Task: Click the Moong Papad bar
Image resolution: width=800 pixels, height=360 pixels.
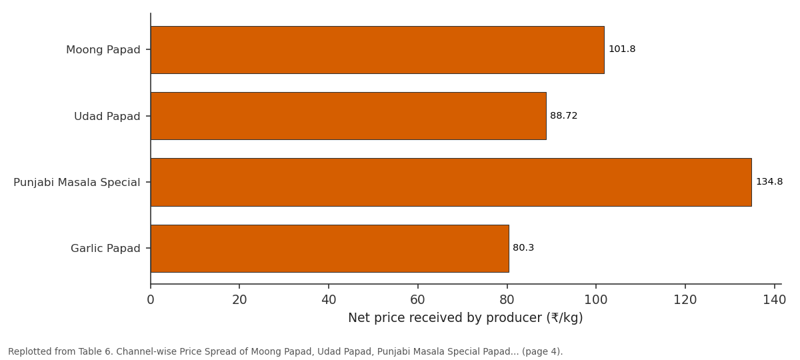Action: [377, 50]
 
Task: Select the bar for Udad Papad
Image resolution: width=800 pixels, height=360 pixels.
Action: [349, 116]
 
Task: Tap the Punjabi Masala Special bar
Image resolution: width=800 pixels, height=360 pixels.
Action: [451, 182]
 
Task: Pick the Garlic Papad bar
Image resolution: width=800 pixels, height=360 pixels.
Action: [329, 249]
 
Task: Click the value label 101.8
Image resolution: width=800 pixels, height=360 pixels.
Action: [622, 49]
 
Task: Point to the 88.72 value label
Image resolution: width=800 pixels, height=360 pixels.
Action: [563, 116]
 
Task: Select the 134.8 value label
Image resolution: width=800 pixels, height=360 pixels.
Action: [769, 182]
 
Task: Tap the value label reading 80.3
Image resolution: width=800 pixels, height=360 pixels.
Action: [523, 248]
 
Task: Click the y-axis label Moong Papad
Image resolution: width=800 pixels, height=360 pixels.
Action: [103, 50]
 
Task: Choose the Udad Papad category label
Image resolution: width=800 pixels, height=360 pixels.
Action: [107, 117]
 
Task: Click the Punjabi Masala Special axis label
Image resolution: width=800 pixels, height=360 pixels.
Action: [77, 183]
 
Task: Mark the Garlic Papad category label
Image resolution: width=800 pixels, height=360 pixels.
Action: [105, 248]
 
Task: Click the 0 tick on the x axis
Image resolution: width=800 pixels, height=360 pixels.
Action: [151, 300]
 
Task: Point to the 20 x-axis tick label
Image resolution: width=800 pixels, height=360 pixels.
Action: [239, 300]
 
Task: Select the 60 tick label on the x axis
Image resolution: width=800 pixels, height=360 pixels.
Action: [417, 300]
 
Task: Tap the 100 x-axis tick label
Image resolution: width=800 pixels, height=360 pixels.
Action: [596, 300]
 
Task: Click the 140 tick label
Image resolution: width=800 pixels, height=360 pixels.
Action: [774, 300]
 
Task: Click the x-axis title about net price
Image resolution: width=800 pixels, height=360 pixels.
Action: [465, 318]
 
